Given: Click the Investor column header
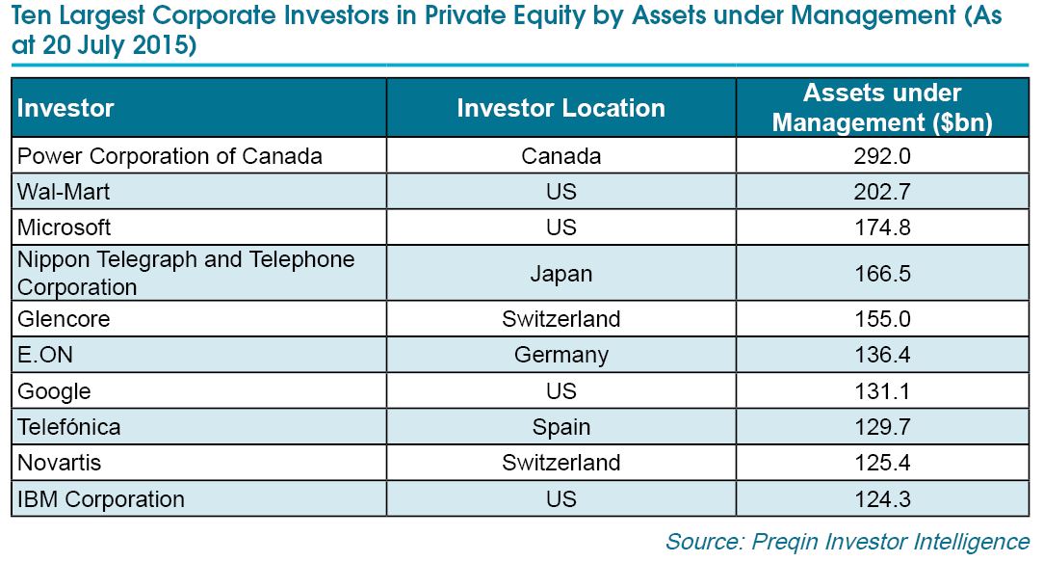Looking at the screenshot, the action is tap(65, 108).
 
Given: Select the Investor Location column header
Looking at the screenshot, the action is tap(561, 108).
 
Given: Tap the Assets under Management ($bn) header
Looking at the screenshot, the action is tap(882, 107).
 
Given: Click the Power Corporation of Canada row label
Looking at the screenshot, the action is tap(169, 156).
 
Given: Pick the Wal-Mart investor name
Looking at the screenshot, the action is tap(64, 192).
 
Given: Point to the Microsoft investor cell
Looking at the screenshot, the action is tap(64, 227).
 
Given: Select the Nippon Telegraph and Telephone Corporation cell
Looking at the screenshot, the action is tap(186, 273).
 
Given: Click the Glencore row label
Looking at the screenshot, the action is tap(64, 319).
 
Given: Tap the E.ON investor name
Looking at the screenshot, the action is tap(44, 355).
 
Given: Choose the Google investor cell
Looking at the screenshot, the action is tap(54, 391).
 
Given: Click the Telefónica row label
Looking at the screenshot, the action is tap(68, 427).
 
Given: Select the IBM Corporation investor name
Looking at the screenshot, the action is tap(100, 499).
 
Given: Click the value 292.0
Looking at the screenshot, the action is tap(882, 156).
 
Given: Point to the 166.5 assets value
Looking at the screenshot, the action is tap(882, 274).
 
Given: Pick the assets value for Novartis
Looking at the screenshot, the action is tap(882, 463).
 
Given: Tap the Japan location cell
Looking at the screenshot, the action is tap(561, 275).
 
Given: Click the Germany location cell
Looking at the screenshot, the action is tap(561, 356).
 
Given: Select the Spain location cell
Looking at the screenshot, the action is tap(561, 427).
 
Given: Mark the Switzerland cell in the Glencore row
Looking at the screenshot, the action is tap(561, 319).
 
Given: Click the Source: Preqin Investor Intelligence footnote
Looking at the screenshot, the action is tap(847, 542).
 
